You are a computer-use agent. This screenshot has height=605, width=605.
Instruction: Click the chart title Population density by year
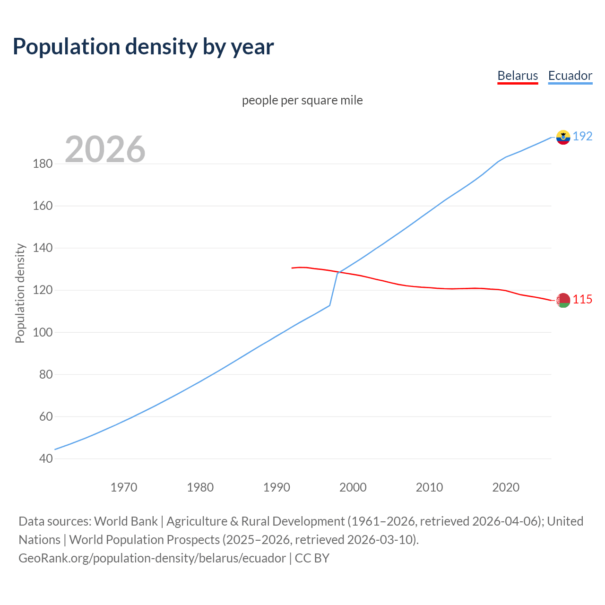click(143, 47)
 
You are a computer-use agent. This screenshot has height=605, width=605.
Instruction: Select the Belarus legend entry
click(518, 76)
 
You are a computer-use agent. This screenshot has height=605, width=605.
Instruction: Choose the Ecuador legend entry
click(570, 76)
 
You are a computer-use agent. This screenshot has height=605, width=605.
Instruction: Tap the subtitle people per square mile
click(302, 100)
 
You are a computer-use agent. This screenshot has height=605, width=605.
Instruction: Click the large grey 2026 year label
click(105, 149)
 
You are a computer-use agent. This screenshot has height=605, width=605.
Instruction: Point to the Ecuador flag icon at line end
click(563, 137)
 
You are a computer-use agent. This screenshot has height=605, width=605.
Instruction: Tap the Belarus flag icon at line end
click(563, 300)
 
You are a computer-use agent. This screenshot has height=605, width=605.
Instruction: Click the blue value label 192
click(582, 137)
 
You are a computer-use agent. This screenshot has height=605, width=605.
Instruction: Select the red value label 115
click(582, 300)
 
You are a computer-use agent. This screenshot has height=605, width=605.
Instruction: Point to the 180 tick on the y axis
click(43, 164)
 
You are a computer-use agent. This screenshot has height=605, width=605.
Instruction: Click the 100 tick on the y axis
click(43, 332)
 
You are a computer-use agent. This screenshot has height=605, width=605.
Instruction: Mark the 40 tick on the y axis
click(46, 458)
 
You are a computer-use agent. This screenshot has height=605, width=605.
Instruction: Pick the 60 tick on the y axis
click(46, 416)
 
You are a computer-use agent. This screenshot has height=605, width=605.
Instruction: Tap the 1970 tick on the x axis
click(124, 487)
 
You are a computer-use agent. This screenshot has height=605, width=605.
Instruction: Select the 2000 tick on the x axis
click(353, 487)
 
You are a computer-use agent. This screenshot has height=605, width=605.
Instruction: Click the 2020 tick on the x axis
click(506, 487)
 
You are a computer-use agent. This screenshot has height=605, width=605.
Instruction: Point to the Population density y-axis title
click(20, 293)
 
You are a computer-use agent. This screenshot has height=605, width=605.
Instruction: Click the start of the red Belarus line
click(293, 268)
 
